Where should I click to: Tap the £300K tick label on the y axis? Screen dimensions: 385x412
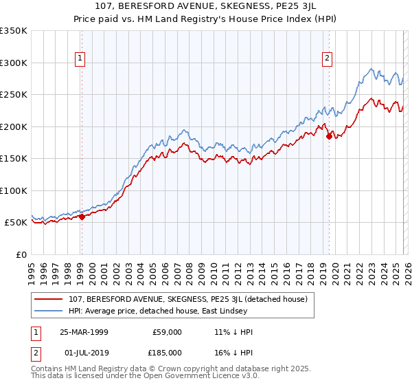14,63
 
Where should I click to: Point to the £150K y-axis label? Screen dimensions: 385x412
14,158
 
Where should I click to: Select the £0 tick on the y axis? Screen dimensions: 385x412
22,254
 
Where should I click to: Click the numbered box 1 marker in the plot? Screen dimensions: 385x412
81,58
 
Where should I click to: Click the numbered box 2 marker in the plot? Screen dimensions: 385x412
328,58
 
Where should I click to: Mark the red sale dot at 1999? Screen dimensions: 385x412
82,217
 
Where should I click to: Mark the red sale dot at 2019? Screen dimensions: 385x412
328,136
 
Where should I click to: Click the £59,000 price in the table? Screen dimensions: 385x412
167,332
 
